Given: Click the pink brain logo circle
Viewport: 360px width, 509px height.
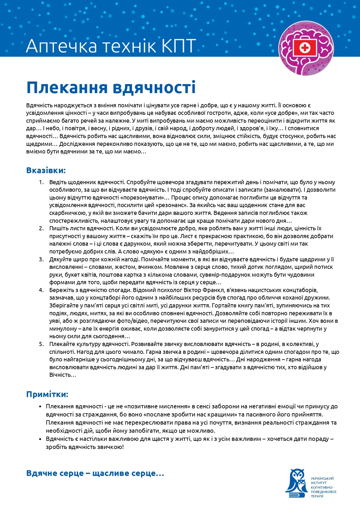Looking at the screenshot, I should pos(306,48).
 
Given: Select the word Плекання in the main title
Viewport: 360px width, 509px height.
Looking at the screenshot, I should pos(67,87).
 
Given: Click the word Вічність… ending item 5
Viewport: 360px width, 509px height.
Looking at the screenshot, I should pos(62,375).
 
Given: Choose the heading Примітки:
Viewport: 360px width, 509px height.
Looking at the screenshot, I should pos(47,394).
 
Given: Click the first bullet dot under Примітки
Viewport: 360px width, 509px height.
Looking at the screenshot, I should pos(40,407).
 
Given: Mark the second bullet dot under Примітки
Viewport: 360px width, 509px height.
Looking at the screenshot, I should pos(40,439).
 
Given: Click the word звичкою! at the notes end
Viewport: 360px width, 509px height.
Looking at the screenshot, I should pos(110,447).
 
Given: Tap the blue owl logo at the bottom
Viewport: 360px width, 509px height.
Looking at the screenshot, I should pos(296,484).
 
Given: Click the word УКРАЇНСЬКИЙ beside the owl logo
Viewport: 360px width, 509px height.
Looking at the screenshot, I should pos(322,479).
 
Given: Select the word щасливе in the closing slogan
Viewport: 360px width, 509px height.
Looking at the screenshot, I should pos(111,473).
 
